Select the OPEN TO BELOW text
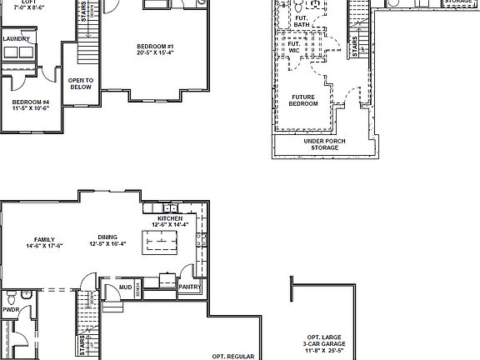click(x=80, y=82)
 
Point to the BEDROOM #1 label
click(x=156, y=46)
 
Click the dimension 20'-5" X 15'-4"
click(x=156, y=53)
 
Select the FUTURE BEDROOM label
click(x=302, y=100)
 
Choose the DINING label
click(x=107, y=237)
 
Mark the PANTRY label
click(x=191, y=287)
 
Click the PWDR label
click(x=10, y=308)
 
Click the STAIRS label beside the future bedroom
click(x=354, y=47)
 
